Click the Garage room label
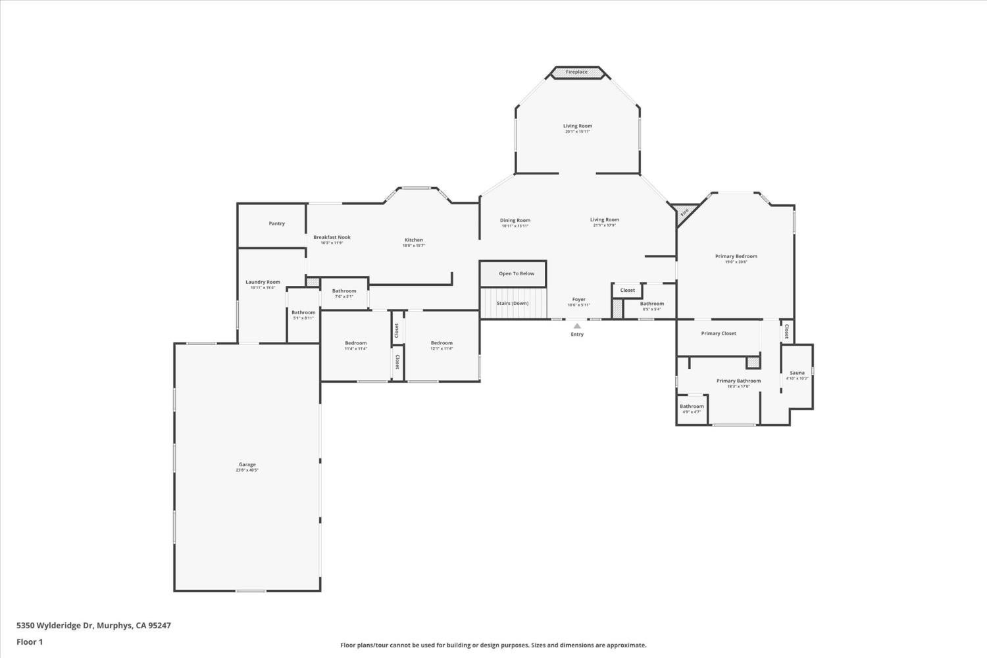tap(247, 465)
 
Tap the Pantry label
tap(277, 224)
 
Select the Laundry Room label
tap(263, 283)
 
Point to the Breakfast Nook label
tap(332, 238)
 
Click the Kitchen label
tap(414, 240)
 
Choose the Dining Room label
tap(515, 221)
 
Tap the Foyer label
tap(578, 300)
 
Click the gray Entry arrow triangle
tap(577, 325)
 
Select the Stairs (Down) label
tap(513, 304)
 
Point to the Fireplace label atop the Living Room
tap(577, 72)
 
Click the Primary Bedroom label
tap(736, 257)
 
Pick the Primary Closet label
tap(719, 334)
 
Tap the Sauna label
tap(797, 373)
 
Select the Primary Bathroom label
tap(738, 381)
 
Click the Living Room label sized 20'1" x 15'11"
tap(578, 126)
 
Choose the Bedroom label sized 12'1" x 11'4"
tap(442, 344)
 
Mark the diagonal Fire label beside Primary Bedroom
tap(684, 213)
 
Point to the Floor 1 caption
tap(30, 642)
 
